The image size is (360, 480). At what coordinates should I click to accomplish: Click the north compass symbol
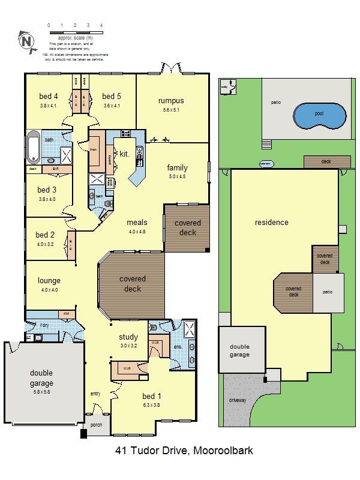pos(26,41)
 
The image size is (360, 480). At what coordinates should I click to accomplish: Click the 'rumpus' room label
pos(171,101)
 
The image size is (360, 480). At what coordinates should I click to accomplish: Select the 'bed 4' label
pos(49,96)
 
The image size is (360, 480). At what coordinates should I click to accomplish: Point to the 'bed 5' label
pos(112,96)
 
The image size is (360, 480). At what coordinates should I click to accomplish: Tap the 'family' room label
pos(178,168)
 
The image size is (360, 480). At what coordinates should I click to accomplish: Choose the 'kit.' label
pos(125,154)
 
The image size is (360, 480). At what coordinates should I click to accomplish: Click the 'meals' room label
pos(137,222)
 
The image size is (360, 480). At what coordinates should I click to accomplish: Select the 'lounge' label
pos(49,280)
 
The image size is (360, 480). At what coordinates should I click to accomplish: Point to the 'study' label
pos(128,337)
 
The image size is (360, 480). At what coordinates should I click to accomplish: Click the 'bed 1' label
pos(151,397)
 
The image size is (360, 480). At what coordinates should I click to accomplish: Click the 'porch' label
pos(96,425)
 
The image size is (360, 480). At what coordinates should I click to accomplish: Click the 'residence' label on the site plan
pos(271,222)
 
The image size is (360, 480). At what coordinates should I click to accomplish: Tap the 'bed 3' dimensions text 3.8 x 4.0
pos(47,199)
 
